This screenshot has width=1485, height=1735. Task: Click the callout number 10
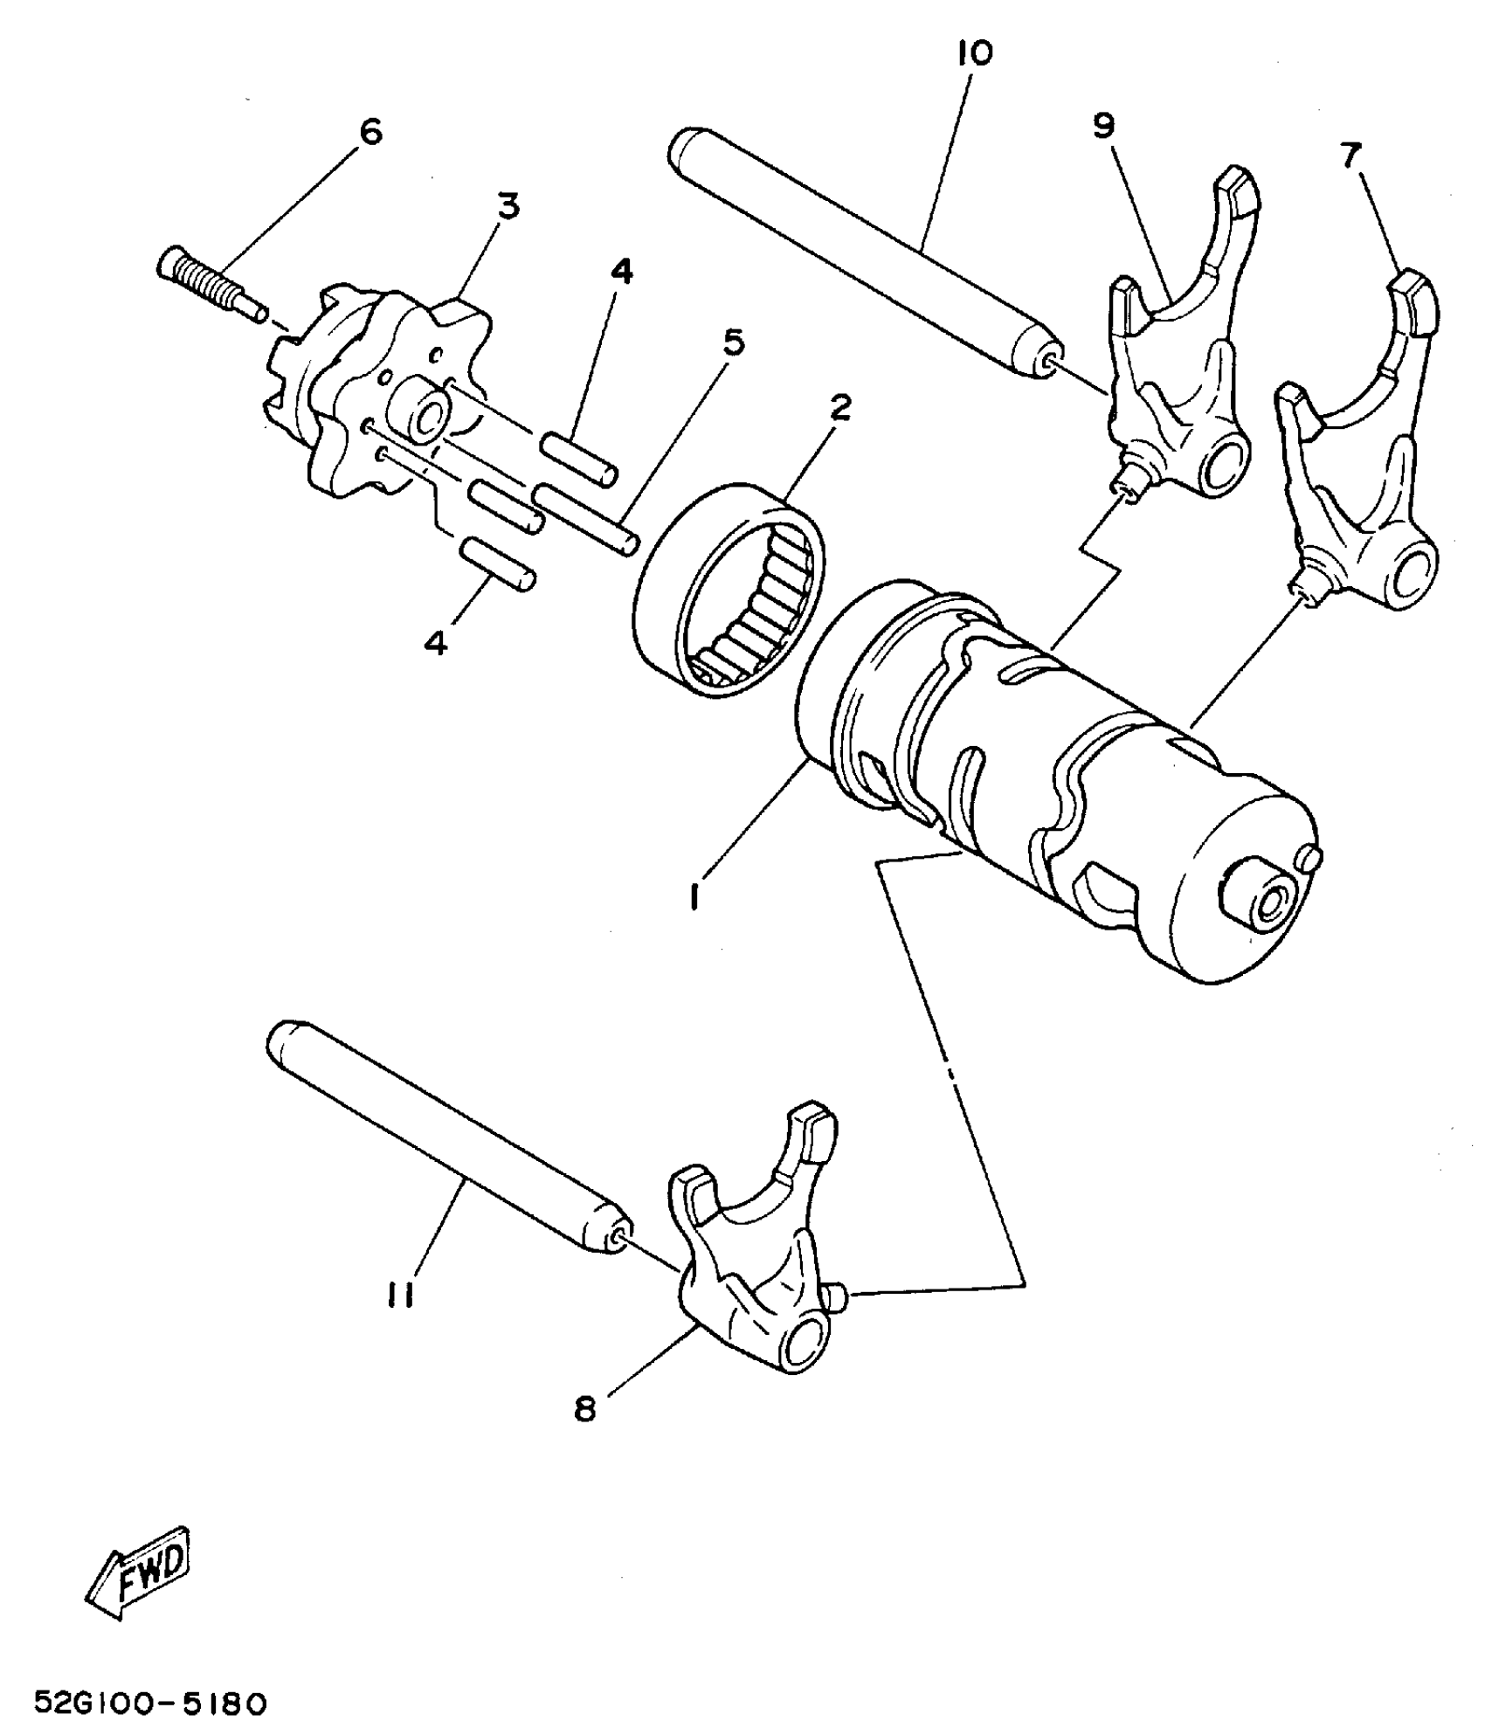pyautogui.click(x=974, y=54)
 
